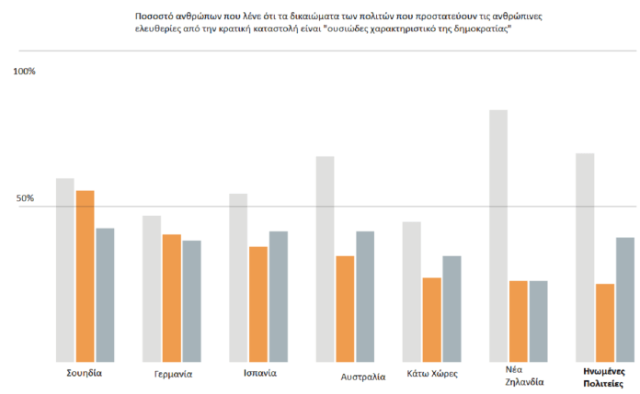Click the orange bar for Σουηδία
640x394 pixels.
click(x=85, y=276)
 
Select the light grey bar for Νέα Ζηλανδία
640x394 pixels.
click(x=499, y=235)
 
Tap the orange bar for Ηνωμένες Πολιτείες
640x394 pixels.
click(x=605, y=322)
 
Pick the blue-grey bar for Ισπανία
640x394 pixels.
click(x=279, y=296)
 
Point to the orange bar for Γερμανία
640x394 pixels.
click(x=171, y=298)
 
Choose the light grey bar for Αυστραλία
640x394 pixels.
click(x=326, y=258)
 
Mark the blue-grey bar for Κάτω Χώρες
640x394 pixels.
click(x=451, y=309)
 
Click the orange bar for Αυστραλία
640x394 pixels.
click(x=345, y=308)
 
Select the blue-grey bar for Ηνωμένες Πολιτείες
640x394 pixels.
click(x=625, y=299)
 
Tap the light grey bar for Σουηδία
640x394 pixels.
click(x=64, y=269)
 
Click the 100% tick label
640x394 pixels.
click(x=25, y=72)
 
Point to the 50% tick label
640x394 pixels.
click(x=24, y=198)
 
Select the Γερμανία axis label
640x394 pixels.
click(x=173, y=375)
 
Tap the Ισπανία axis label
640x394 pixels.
click(x=260, y=374)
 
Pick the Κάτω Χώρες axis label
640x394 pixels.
click(x=432, y=375)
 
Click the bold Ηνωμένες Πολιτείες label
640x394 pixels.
click(x=604, y=376)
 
